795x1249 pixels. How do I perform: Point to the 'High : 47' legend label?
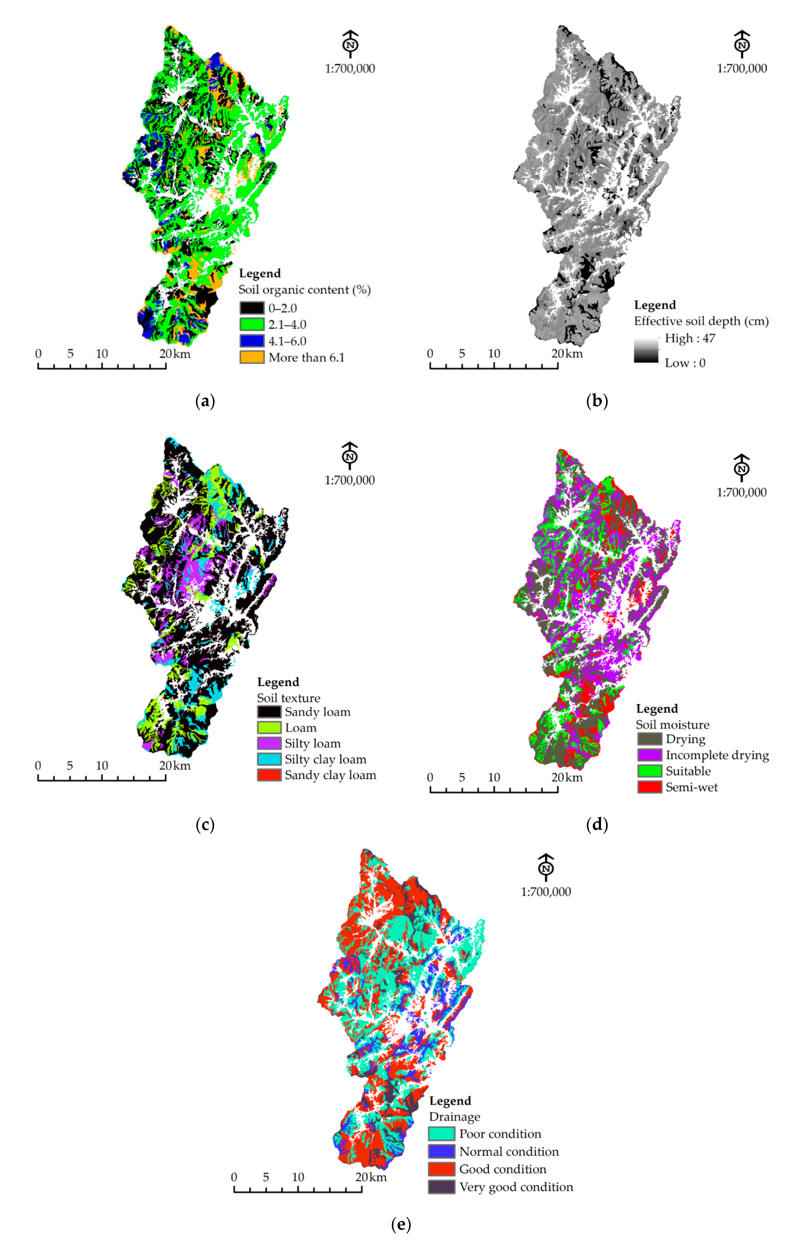[x=690, y=338]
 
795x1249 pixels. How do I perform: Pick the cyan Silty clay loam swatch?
[x=269, y=759]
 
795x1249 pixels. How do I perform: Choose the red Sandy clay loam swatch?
[x=269, y=775]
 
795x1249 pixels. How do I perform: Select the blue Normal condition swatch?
[x=441, y=1152]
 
